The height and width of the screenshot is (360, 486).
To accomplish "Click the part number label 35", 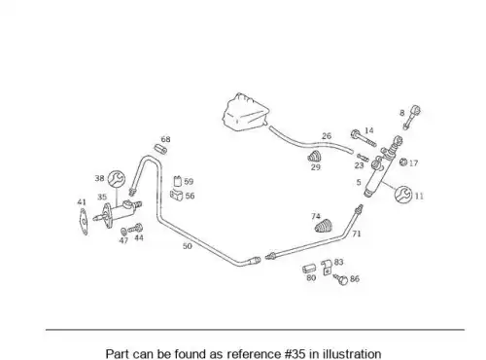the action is (102, 197).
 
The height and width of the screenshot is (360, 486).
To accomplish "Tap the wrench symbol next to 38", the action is (116, 179).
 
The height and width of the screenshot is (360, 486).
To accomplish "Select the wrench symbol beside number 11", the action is (403, 195).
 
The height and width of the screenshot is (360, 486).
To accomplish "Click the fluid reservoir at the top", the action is (246, 112).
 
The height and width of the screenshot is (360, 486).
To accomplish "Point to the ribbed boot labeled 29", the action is (315, 157).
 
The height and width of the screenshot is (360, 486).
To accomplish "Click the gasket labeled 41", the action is (84, 222).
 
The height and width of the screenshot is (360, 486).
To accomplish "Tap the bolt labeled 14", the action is (364, 138).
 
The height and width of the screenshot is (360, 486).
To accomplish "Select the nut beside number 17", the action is (403, 162).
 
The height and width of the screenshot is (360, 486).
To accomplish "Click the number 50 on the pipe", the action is (188, 246).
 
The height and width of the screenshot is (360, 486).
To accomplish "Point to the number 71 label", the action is (357, 234).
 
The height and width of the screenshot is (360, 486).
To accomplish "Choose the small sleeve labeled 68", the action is (160, 149).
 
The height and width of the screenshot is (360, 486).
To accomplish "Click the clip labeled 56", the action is (177, 196).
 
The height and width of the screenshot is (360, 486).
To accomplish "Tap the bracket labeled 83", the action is (327, 268).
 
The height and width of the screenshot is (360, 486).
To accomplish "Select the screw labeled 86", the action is (341, 278).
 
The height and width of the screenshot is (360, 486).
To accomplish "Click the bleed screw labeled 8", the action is (411, 117).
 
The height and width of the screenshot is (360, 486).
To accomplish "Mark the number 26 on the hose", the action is (327, 136).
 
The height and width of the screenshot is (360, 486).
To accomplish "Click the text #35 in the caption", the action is (295, 354).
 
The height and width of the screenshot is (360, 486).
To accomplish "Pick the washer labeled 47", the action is (123, 232).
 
